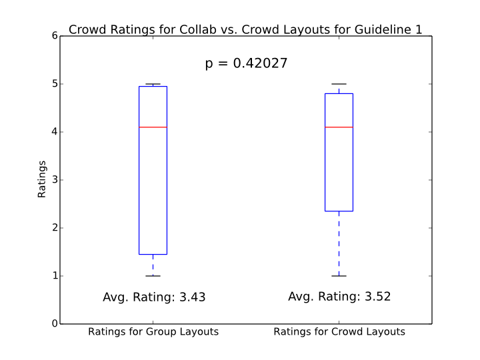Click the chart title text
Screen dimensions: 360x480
tap(245, 29)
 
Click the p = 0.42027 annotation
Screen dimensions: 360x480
tap(246, 64)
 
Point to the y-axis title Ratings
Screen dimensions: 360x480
tap(42, 179)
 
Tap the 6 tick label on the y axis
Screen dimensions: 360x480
tap(54, 36)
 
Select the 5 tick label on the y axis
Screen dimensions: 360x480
tap(54, 84)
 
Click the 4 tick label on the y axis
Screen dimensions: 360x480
tap(54, 132)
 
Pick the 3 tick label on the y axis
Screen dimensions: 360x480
tap(54, 180)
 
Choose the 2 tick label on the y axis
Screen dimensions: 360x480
tap(54, 228)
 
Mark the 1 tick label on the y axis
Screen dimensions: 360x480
tap(54, 276)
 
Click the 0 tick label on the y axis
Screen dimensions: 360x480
tap(54, 324)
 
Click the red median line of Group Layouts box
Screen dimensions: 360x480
tap(153, 127)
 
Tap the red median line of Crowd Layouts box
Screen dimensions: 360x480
tap(339, 127)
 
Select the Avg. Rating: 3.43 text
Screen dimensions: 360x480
tap(154, 297)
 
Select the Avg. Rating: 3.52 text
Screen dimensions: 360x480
tap(339, 297)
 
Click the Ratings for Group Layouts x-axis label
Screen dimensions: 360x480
tap(153, 332)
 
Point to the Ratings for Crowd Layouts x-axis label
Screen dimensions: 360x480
tap(339, 332)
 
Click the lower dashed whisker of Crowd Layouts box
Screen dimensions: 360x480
tap(339, 243)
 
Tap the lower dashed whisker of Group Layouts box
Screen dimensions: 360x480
tap(153, 265)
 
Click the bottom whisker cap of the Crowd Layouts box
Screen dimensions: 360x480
tap(339, 276)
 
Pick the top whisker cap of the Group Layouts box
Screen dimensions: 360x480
tap(153, 84)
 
